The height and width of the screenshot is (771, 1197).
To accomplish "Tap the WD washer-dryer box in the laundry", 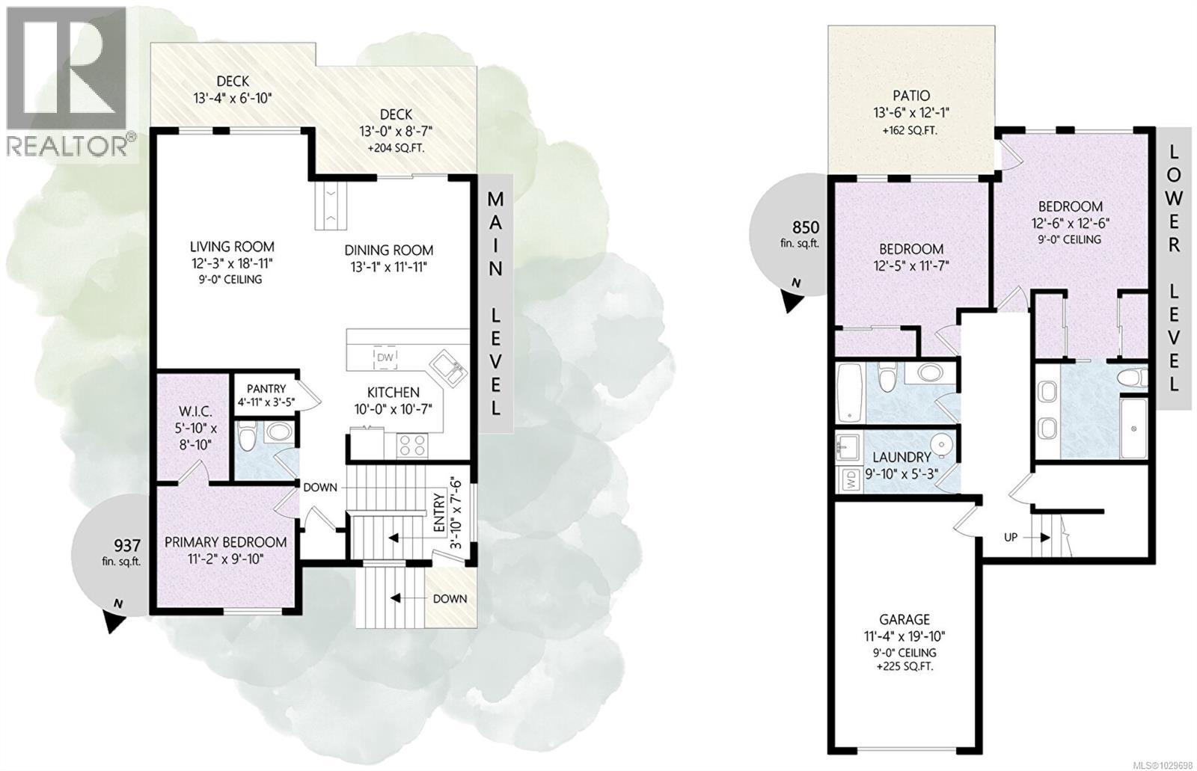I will point(850,479).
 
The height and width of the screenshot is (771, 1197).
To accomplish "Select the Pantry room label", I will point(266,388).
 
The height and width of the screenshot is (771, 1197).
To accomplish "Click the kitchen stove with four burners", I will point(412,446).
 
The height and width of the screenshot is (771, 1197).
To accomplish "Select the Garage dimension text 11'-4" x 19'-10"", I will point(904,636).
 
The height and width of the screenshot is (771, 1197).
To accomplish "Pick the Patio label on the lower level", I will point(911,96).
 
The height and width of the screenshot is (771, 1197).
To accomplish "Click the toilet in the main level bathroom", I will point(247,434).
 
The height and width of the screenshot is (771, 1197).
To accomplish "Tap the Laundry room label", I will point(902,457).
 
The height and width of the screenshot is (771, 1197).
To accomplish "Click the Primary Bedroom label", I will point(225,542).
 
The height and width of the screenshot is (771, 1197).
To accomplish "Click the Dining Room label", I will point(388,251).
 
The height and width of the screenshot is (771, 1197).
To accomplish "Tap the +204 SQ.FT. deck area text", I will point(396,148).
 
